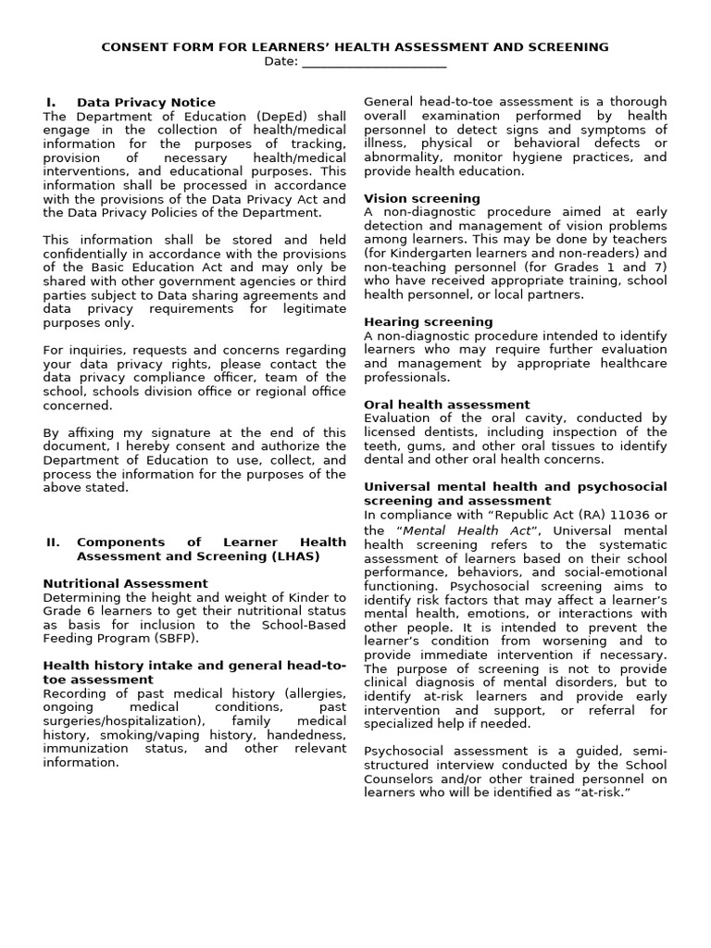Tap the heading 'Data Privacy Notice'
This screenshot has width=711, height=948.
(x=146, y=103)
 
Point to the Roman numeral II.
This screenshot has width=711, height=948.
(x=53, y=543)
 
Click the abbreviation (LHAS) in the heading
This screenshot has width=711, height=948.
(x=289, y=556)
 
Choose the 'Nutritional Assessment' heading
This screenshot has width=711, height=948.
(x=126, y=584)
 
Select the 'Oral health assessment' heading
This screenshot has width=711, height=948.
(x=446, y=405)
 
